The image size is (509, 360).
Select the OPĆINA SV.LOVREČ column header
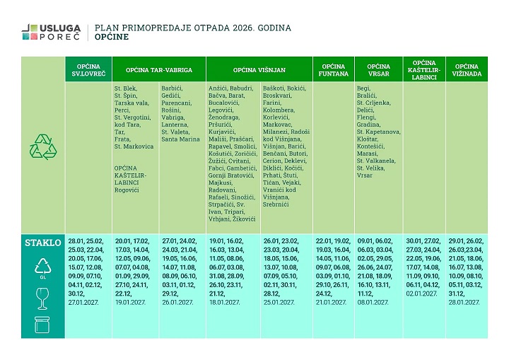88,70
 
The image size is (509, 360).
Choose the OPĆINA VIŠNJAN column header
259,70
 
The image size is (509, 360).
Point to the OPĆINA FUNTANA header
334,70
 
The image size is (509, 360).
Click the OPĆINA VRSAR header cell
378,70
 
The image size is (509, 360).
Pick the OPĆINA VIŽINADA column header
467,70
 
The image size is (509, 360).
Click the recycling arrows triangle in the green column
42,147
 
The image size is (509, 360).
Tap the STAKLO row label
42,243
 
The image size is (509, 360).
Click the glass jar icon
42,326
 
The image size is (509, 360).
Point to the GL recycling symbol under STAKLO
42,269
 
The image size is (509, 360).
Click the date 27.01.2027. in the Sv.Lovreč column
83,301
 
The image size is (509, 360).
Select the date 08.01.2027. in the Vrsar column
373,301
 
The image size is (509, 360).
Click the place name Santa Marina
180,139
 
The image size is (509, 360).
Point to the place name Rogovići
127,190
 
